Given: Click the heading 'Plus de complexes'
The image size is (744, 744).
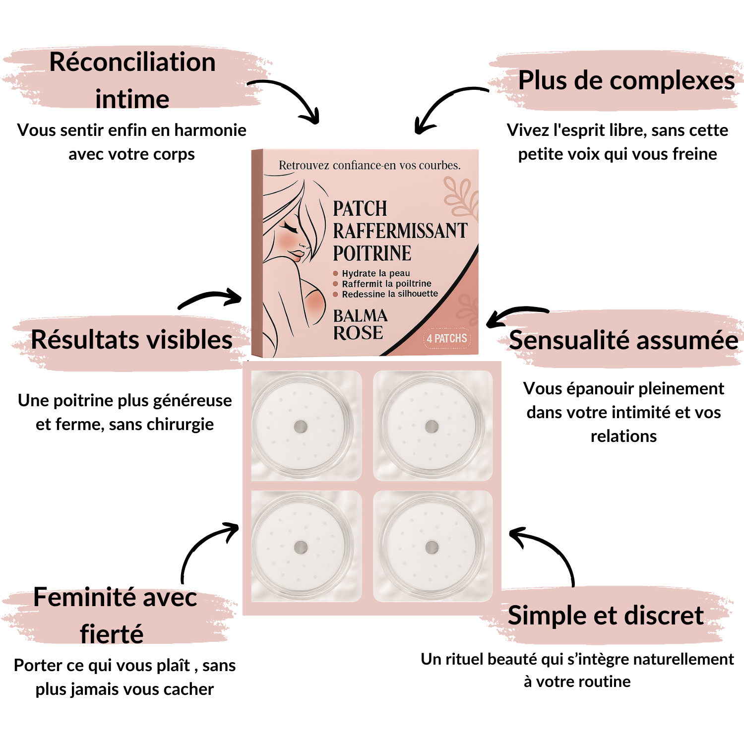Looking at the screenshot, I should pos(626,81).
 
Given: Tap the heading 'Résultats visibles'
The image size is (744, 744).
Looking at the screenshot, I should pos(131,340).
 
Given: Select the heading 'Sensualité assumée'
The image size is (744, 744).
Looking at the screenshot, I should pos(623,341).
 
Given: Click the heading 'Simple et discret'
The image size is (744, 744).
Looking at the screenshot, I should pos(605,616).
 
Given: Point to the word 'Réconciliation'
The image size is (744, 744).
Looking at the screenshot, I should pos(132,63).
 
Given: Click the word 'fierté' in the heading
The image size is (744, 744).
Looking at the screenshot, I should pos(112,634).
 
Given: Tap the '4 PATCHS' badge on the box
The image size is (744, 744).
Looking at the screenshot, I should pos(447,339).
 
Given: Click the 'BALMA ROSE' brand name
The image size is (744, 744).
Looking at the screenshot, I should pos(360,324).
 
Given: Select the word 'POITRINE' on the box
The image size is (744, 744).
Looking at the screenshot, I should pos(372,253).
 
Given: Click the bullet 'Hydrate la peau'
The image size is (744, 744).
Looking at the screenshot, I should pos(375,273).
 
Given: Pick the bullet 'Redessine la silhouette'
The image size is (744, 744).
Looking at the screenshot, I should pos(389,294).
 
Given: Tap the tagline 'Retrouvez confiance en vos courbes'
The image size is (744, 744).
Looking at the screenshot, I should pos(370,165).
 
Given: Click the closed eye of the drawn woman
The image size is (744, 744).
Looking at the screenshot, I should pos(290,228).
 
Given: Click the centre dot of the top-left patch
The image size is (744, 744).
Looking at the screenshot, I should pos(301,427).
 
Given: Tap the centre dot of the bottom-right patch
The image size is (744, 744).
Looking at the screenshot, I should pos(432,548).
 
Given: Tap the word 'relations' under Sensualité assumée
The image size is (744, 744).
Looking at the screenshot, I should pos(623,436).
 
